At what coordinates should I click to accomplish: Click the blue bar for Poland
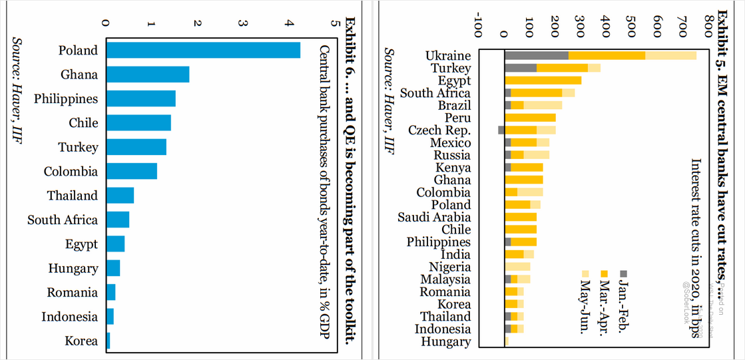203,51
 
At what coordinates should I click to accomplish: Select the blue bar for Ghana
148,75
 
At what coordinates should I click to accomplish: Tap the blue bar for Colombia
132,172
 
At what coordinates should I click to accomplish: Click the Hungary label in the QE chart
73,269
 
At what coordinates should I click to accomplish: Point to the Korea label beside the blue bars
81,341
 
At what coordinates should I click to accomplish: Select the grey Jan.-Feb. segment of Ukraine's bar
537,55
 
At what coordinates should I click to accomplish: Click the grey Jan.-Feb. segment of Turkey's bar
521,68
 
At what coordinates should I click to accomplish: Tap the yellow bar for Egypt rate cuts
543,81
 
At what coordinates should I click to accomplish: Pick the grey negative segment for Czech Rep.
501,130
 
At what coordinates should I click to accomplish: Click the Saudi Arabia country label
434,217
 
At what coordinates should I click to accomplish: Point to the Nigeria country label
449,267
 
